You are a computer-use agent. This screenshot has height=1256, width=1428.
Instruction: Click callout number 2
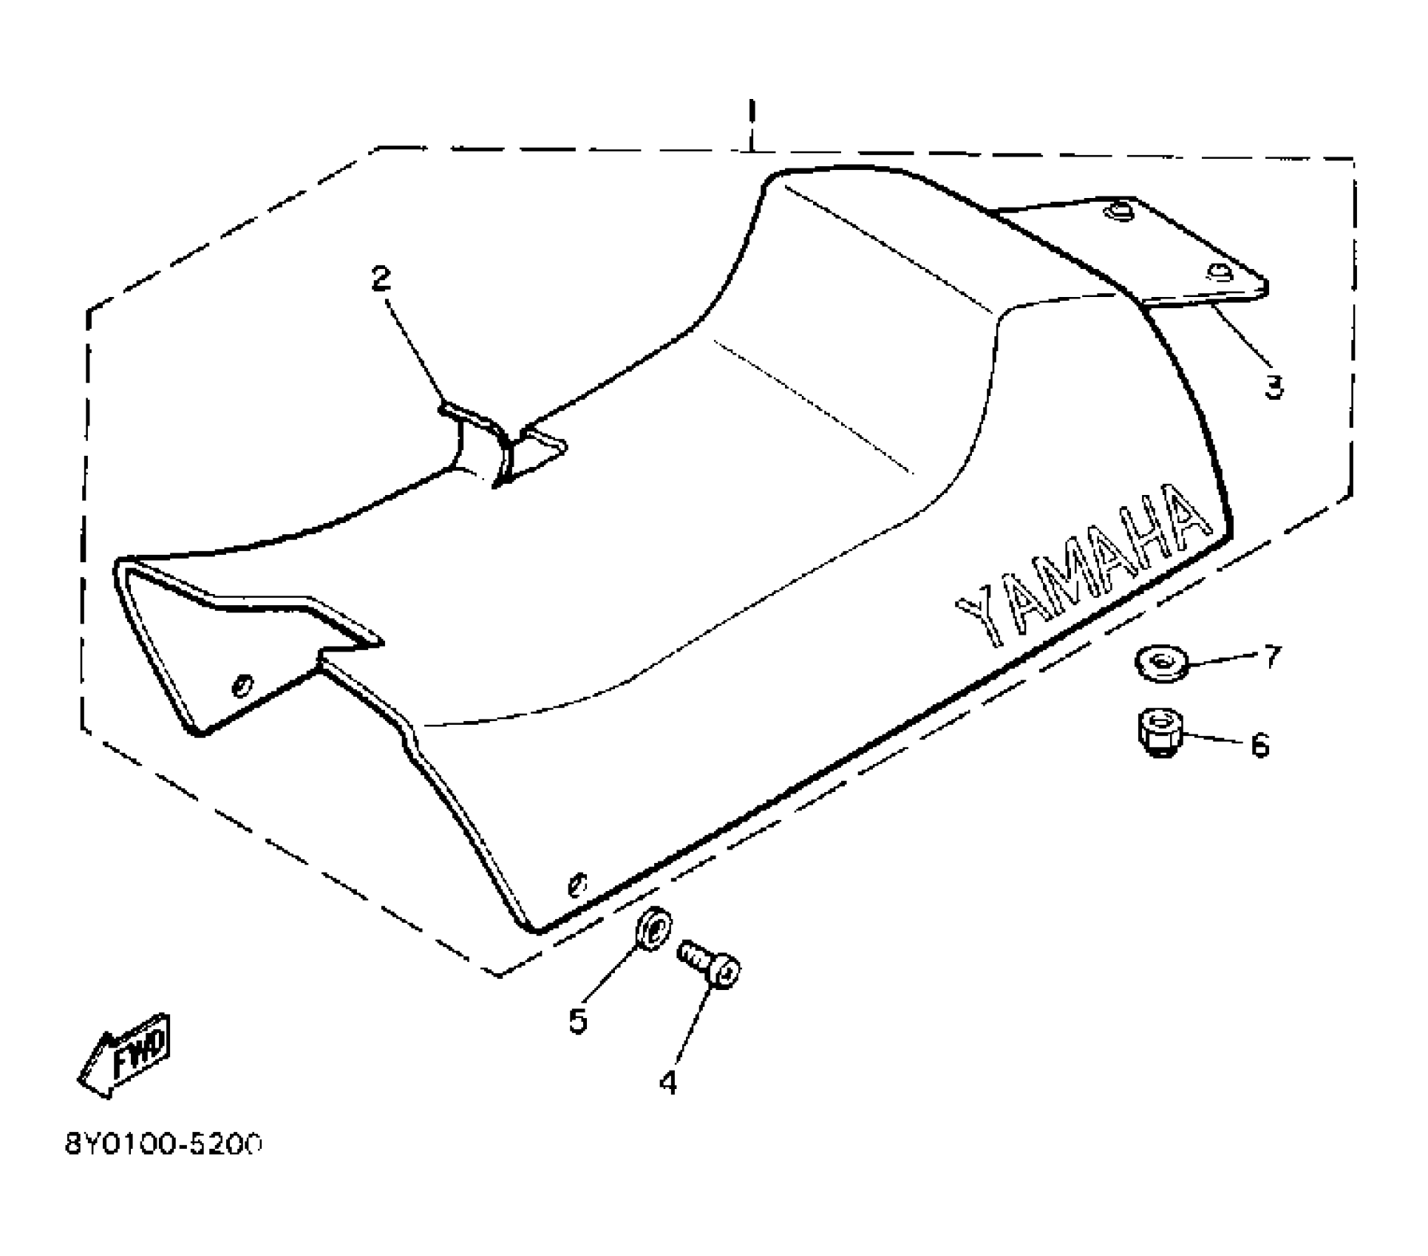tap(381, 279)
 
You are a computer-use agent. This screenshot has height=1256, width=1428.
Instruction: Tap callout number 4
tap(668, 1082)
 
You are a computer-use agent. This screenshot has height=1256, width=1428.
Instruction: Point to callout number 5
tap(578, 1020)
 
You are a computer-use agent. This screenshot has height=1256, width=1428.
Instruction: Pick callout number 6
tap(1259, 745)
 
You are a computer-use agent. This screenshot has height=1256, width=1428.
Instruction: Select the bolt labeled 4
tap(710, 964)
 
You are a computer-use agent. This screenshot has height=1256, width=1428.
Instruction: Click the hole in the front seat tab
tap(241, 685)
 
